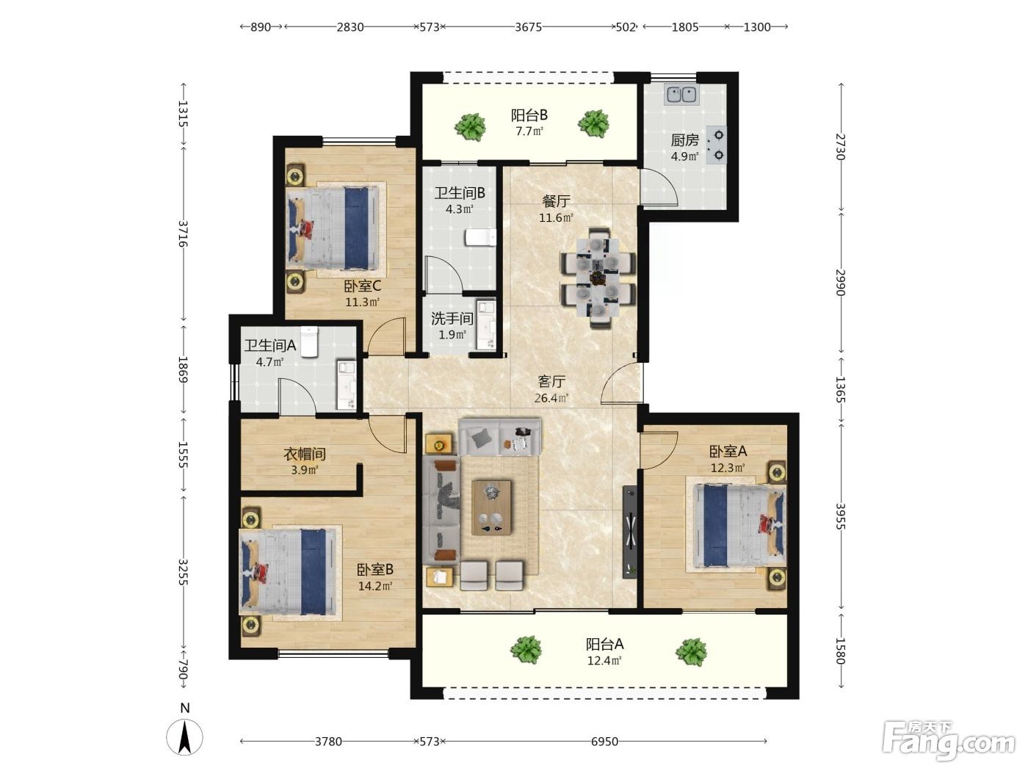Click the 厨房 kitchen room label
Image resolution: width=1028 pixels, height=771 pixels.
pyautogui.click(x=684, y=140)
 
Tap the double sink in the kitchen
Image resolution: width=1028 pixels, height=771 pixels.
pyautogui.click(x=681, y=95)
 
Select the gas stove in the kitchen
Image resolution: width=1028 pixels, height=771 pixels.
pyautogui.click(x=717, y=145)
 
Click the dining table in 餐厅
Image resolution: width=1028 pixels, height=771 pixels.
pyautogui.click(x=598, y=278)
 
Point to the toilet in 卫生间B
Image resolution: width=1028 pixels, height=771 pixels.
pyautogui.click(x=480, y=238)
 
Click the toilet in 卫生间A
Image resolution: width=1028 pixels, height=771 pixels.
pyautogui.click(x=309, y=342)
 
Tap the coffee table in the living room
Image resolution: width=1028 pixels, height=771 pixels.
pyautogui.click(x=491, y=507)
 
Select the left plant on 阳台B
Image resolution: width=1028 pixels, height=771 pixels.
pyautogui.click(x=470, y=127)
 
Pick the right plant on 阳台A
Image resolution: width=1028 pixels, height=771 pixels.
pyautogui.click(x=691, y=651)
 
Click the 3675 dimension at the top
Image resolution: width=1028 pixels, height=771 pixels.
pyautogui.click(x=528, y=27)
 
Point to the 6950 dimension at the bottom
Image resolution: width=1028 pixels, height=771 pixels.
pyautogui.click(x=604, y=741)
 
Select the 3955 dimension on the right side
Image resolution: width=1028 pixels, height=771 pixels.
pyautogui.click(x=841, y=516)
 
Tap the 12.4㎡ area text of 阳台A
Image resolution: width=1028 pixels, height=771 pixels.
pyautogui.click(x=604, y=661)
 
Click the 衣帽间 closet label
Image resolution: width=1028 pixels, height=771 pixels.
pyautogui.click(x=305, y=454)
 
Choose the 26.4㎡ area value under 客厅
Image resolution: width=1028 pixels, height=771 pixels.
pyautogui.click(x=551, y=398)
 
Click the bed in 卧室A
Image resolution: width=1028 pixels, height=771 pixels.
pyautogui.click(x=739, y=525)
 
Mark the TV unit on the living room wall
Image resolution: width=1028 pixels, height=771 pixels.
pyautogui.click(x=630, y=532)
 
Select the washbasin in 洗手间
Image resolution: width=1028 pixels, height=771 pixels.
pyautogui.click(x=486, y=325)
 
